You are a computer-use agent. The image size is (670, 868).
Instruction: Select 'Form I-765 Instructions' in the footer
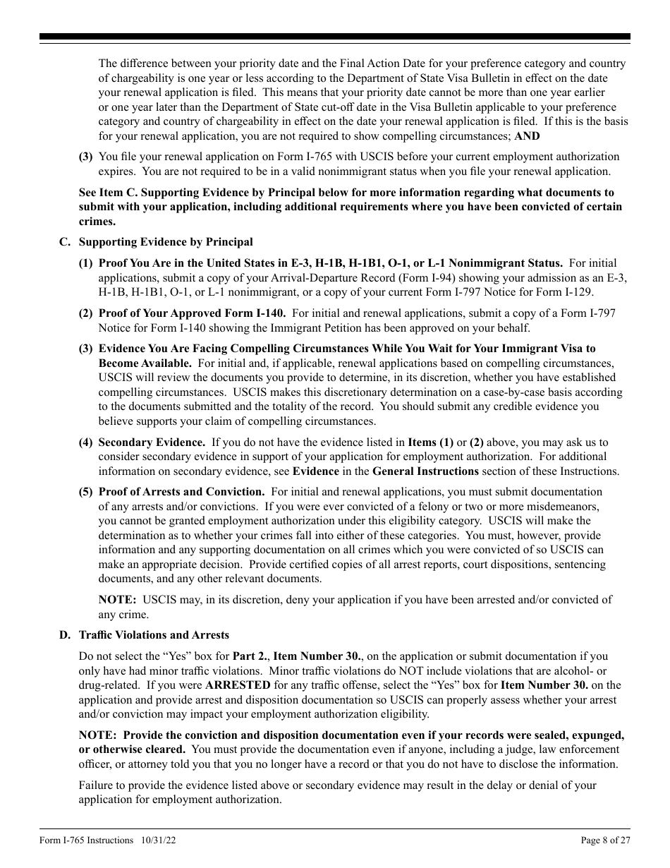point(86,840)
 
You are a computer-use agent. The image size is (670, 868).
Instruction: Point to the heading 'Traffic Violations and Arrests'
point(154,635)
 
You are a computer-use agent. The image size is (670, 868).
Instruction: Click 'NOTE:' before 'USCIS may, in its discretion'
point(117,600)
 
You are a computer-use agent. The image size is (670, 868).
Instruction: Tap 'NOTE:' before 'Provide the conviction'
point(97,735)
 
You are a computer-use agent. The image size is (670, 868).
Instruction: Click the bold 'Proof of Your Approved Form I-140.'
point(192,313)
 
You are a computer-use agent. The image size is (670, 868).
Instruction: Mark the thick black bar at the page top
point(335,37)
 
